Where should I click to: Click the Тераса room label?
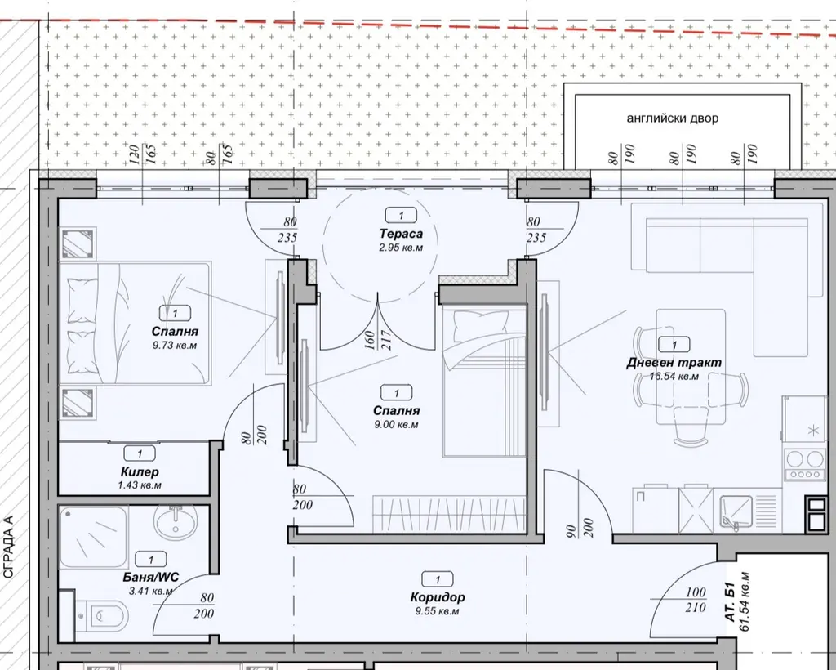coord(401,234)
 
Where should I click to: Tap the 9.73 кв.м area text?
coord(175,345)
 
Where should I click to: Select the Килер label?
coord(140,472)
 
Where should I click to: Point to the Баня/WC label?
coord(150,577)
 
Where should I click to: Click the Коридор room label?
coord(438,597)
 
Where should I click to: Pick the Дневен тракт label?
coord(674,363)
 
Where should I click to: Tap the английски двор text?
coord(673,118)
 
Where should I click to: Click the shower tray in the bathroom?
coord(93,537)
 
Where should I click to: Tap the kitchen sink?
coord(736,512)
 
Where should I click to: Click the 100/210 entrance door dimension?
coord(696,600)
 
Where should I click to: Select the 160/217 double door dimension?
coord(377,339)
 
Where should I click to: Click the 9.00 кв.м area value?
coord(396,425)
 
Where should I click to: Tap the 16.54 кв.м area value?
coord(674,376)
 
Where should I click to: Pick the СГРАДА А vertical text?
coord(8,547)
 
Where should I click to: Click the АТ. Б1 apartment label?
coord(731,601)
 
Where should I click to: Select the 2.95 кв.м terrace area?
coord(401,248)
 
